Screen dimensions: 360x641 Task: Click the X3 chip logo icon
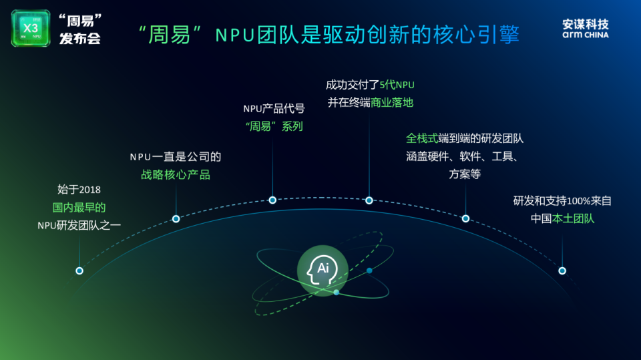coord(31,28)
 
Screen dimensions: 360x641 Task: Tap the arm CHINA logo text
coord(585,34)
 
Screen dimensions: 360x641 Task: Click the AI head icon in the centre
coord(323,271)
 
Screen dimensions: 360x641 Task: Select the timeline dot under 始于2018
coord(79,271)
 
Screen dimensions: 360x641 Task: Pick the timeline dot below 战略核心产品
coord(176,218)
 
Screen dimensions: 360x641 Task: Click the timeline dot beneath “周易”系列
coord(272,200)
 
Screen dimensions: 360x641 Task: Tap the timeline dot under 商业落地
coord(369,200)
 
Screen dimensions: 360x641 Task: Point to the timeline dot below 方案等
coord(465,218)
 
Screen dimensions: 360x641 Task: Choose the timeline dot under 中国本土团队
coord(562,271)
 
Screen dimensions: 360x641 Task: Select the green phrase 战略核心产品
coord(176,174)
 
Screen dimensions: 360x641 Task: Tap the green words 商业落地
coord(393,102)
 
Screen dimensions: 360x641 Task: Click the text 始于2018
coord(79,190)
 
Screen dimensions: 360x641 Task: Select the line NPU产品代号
coord(274,108)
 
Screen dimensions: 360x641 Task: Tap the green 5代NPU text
coord(397,85)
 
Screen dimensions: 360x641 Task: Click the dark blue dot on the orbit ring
coord(369,271)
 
